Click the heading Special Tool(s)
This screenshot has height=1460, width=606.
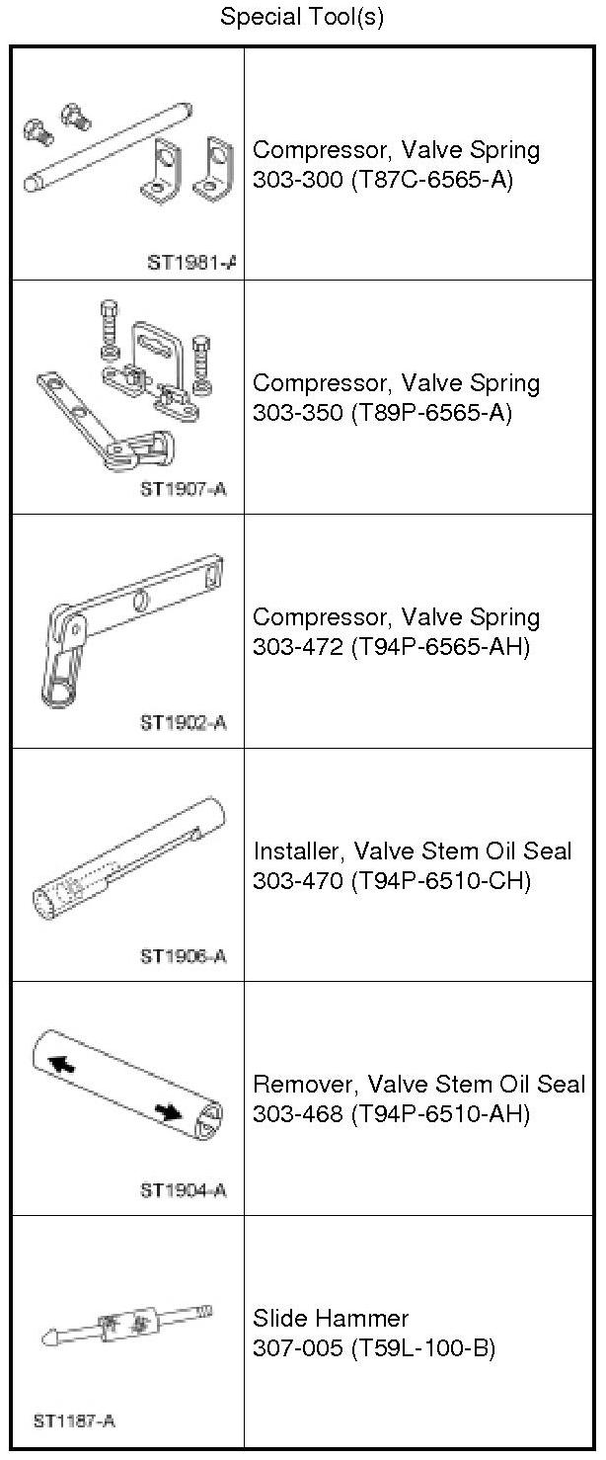point(302,16)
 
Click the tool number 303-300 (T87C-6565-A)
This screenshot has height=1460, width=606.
point(383,179)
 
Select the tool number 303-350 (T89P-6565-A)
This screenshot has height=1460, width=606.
point(383,413)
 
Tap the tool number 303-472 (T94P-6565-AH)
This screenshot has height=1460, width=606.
point(391,647)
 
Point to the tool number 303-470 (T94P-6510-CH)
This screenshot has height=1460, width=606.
point(392,880)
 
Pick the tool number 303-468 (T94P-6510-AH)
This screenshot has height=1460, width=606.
point(391,1114)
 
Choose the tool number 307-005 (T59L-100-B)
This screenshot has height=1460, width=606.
point(374,1348)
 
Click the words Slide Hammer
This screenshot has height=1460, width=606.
point(331,1319)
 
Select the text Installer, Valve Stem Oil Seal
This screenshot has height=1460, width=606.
point(413,852)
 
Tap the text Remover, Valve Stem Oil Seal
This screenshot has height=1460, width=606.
point(419,1085)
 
